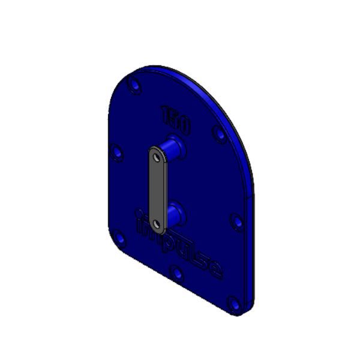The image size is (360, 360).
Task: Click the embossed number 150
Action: point(176,119)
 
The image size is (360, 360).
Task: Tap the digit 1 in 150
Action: point(166,113)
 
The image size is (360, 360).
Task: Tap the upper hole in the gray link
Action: point(157,157)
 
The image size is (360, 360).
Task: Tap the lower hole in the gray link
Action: point(157,223)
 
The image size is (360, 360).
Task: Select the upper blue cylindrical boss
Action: point(175,146)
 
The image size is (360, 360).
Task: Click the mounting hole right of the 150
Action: point(220,134)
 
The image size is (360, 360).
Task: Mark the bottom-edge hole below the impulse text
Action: point(176,274)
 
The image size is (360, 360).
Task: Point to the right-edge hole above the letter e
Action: point(237,223)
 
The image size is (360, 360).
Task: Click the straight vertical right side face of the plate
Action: point(251,252)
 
